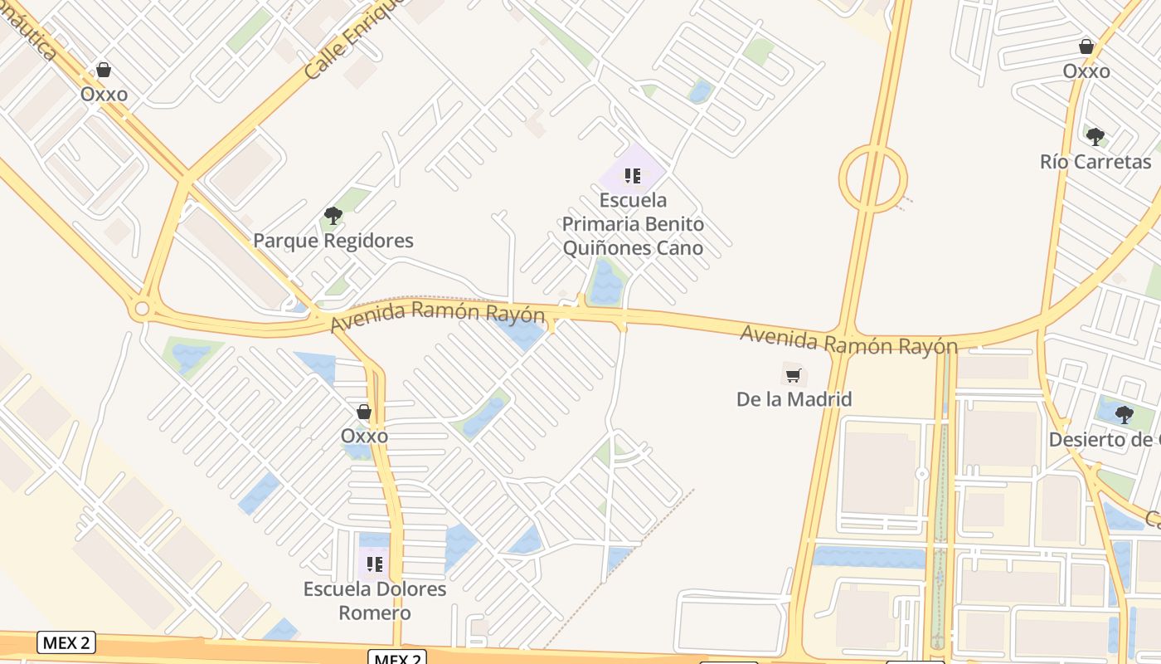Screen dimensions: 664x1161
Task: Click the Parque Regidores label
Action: pyautogui.click(x=333, y=241)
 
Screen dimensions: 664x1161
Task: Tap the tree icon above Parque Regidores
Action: pyautogui.click(x=333, y=217)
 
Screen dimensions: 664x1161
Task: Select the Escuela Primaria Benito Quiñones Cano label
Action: pyautogui.click(x=633, y=224)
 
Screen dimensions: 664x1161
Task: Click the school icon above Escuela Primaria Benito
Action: pyautogui.click(x=633, y=176)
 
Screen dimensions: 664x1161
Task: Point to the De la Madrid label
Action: pyautogui.click(x=794, y=399)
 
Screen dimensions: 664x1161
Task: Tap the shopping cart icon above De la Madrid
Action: pyautogui.click(x=794, y=375)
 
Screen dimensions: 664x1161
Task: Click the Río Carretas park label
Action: pyautogui.click(x=1095, y=162)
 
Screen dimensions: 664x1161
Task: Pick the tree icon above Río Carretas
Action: pyautogui.click(x=1095, y=137)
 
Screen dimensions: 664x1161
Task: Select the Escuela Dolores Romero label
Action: pyautogui.click(x=375, y=601)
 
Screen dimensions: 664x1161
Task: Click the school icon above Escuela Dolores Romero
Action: pyautogui.click(x=375, y=564)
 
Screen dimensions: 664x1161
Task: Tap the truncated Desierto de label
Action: pyautogui.click(x=1104, y=439)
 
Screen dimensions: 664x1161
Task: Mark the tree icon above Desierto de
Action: pyautogui.click(x=1124, y=414)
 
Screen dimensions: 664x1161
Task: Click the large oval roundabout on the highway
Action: pyautogui.click(x=872, y=178)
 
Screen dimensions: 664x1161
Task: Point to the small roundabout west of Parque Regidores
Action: pyautogui.click(x=142, y=310)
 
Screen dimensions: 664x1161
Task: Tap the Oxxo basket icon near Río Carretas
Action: pyautogui.click(x=1086, y=46)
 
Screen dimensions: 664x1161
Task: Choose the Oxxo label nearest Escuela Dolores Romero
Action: pyautogui.click(x=364, y=436)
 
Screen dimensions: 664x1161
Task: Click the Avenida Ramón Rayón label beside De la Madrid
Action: pyautogui.click(x=848, y=339)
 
